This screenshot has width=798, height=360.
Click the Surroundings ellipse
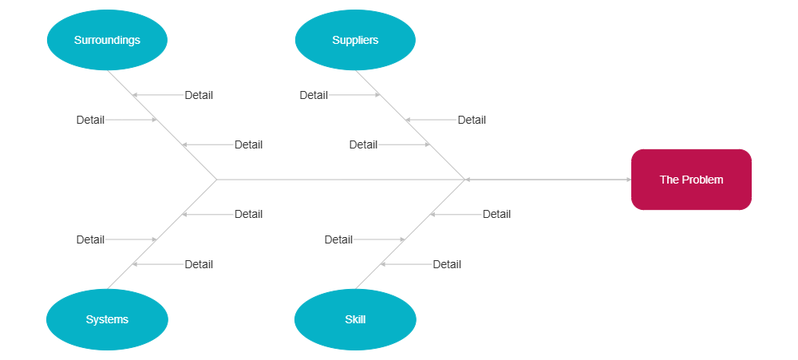(x=107, y=40)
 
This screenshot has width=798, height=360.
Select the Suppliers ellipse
(x=355, y=40)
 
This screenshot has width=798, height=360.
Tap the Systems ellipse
(x=107, y=319)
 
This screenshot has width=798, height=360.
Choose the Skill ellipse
(x=355, y=319)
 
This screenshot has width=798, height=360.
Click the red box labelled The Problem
(x=692, y=180)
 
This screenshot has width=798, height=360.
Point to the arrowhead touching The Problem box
(x=628, y=180)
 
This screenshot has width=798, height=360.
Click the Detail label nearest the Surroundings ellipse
(x=199, y=95)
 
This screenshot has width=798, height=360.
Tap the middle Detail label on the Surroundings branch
(x=90, y=120)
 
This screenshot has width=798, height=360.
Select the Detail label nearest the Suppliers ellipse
(x=314, y=95)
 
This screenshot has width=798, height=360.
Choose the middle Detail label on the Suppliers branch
(x=472, y=120)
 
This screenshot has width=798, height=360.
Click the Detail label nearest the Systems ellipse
(x=199, y=264)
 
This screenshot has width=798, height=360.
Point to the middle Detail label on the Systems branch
(x=90, y=239)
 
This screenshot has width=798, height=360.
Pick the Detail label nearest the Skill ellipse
(x=447, y=264)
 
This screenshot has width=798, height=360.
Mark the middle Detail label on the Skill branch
(x=338, y=239)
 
